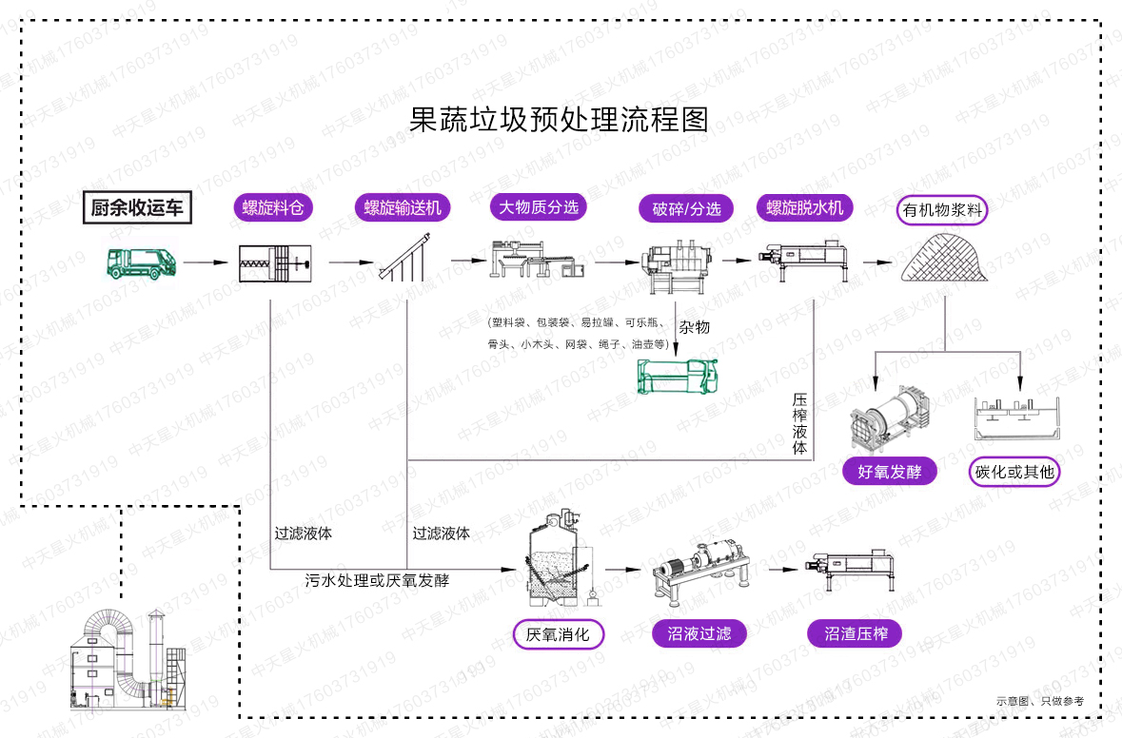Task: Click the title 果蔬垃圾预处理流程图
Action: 560,120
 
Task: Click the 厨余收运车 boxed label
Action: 136,207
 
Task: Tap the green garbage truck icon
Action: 140,262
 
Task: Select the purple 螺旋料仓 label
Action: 273,208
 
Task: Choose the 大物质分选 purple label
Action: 539,206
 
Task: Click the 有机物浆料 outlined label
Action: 942,210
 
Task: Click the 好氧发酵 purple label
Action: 890,471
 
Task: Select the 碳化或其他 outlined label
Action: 1014,471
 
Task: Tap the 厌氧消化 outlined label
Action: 558,633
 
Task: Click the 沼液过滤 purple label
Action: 699,633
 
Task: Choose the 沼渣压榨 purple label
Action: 856,633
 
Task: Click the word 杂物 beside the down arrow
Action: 694,327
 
